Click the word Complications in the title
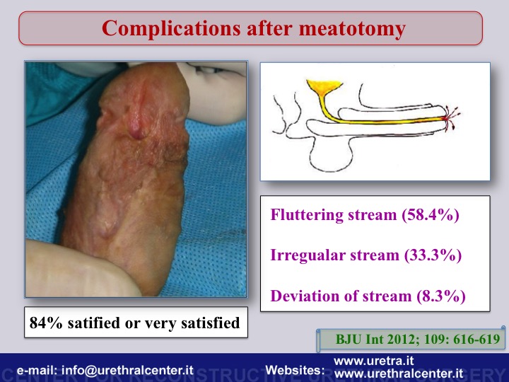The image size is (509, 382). (171, 28)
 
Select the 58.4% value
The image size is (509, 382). (431, 215)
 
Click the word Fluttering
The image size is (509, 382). (306, 215)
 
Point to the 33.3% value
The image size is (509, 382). (433, 255)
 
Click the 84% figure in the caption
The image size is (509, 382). (46, 323)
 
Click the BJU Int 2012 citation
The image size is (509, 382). (376, 340)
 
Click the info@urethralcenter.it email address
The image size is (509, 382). (127, 370)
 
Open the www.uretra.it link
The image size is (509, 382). (374, 361)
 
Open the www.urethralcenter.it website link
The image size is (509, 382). (399, 374)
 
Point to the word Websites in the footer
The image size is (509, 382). (295, 370)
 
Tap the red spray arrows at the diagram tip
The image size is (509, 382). (452, 117)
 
